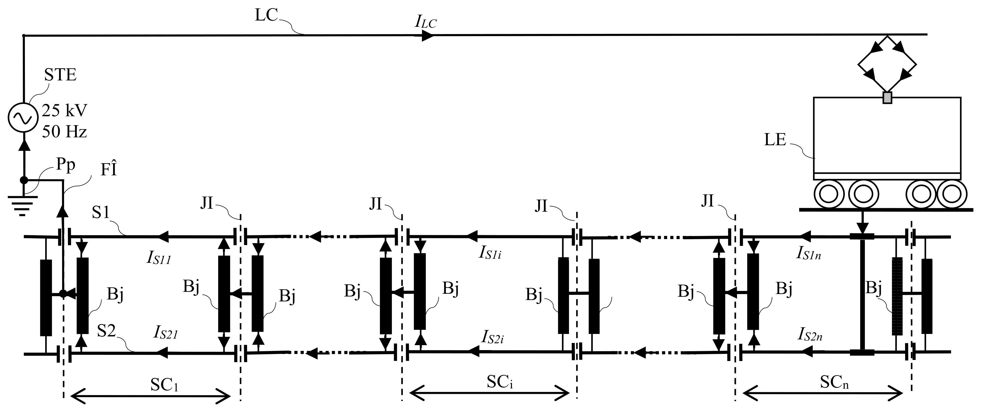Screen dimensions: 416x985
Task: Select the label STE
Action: tap(60, 75)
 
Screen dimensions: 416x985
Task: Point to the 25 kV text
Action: tap(65, 111)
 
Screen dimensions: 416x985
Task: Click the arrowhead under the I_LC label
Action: tap(428, 36)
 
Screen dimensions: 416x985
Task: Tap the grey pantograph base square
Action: tap(887, 98)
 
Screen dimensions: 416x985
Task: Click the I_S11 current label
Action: tap(158, 259)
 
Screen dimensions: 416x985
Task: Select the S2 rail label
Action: tap(106, 331)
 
